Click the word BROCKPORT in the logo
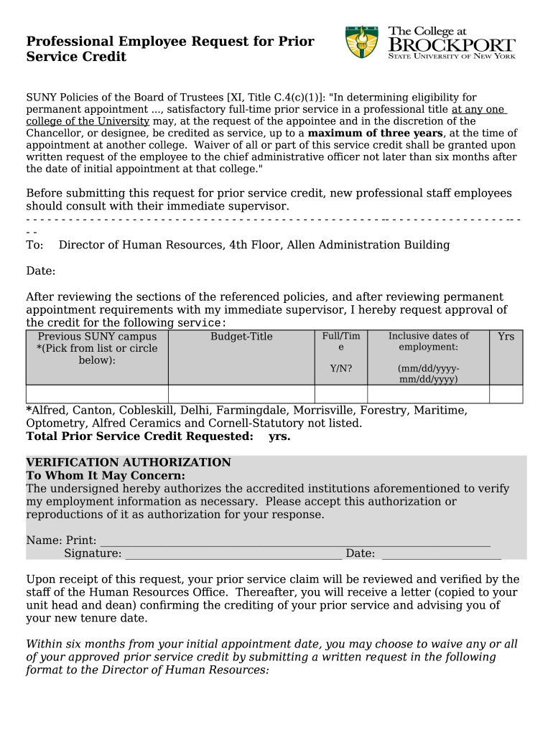tap(452, 45)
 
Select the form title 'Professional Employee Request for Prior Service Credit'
tap(170, 49)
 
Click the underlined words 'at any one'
tap(478, 109)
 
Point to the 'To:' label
tap(34, 245)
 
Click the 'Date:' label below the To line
tap(41, 271)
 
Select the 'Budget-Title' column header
tap(241, 337)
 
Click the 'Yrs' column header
tap(506, 337)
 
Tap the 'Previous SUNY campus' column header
tap(97, 337)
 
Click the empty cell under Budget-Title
tap(241, 394)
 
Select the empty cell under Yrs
tap(506, 394)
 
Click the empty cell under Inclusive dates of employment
tap(428, 394)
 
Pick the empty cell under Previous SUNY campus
tap(97, 394)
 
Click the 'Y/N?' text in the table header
tap(340, 369)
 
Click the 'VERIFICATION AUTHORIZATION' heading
tap(129, 463)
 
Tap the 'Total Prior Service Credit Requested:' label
tap(139, 436)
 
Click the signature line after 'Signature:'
tap(233, 555)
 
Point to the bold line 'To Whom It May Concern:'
tap(106, 476)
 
